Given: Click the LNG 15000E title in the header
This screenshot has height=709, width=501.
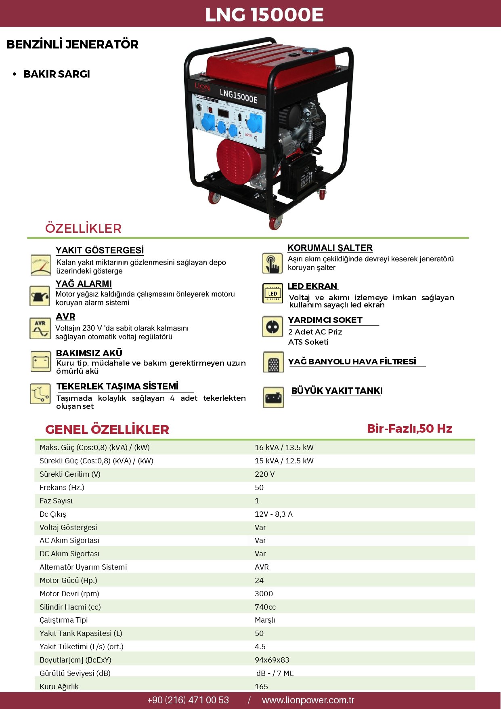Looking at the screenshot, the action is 264,15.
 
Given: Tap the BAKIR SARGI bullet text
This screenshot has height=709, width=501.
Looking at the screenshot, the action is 57,74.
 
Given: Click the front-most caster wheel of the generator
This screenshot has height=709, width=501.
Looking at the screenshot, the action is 275,223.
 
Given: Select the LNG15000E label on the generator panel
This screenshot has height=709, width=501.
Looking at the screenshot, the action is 238,96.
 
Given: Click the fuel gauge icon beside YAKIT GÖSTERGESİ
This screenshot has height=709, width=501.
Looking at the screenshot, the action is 41,265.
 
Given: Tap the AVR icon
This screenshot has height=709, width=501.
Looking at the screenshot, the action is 40,328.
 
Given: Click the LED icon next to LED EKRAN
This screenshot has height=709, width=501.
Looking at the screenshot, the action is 273,293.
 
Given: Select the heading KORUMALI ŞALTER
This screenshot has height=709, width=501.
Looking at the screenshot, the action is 330,248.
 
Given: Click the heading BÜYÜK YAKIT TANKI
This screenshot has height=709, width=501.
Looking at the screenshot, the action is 337,391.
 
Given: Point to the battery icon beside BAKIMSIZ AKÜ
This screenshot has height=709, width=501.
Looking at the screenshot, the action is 40,361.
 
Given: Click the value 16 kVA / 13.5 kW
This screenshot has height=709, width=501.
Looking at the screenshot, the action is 284,447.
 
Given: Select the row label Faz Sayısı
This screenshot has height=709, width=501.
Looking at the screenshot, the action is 56,501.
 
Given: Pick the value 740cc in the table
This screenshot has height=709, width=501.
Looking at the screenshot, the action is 265,607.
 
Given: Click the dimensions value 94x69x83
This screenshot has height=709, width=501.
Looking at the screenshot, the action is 272,660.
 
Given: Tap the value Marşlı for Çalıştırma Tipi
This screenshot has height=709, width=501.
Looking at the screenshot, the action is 265,620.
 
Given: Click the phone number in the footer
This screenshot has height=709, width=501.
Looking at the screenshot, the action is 188,700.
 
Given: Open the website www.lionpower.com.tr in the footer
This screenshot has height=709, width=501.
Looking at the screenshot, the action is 308,700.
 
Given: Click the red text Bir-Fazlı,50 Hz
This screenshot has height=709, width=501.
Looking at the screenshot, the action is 410,429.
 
